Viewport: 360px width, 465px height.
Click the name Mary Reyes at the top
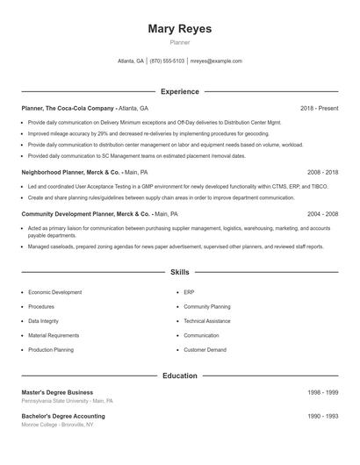[180, 28]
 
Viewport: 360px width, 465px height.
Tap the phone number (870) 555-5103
[167, 61]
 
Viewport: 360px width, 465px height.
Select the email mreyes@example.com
[216, 61]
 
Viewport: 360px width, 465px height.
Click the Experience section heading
[180, 91]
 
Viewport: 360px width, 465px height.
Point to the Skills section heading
[180, 273]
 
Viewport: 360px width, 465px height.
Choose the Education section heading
[180, 376]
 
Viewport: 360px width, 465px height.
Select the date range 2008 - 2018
[322, 173]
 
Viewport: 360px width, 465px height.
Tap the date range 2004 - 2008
[322, 213]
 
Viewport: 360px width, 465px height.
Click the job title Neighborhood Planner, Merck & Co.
[70, 173]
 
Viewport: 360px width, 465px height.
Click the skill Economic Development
[55, 291]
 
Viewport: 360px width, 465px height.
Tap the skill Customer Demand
[205, 350]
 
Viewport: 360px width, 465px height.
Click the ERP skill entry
[190, 291]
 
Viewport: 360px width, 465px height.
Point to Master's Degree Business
[57, 392]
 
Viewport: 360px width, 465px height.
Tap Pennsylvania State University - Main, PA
[68, 400]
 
